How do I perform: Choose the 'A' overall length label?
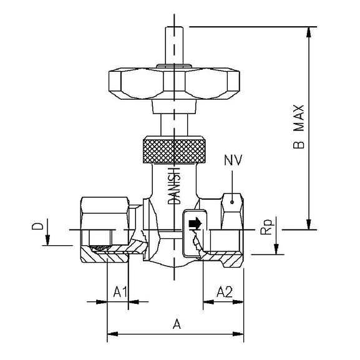[x=177, y=324]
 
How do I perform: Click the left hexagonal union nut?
[x=106, y=212]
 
